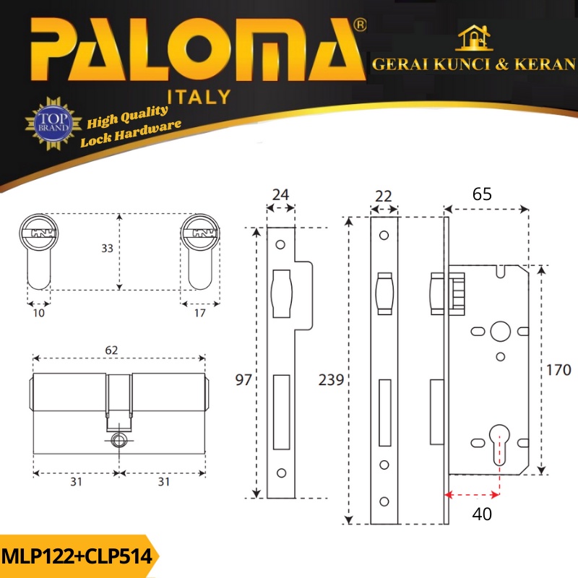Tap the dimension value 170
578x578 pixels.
point(558,370)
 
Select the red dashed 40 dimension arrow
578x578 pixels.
point(472,495)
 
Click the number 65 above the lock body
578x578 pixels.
point(483,194)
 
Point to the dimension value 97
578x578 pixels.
point(243,380)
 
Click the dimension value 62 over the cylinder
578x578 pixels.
point(111,350)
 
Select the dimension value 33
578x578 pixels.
point(107,249)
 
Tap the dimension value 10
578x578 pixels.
point(38,313)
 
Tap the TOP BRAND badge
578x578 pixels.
point(51,124)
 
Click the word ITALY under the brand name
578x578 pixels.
point(199,96)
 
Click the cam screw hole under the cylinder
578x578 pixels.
point(119,440)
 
